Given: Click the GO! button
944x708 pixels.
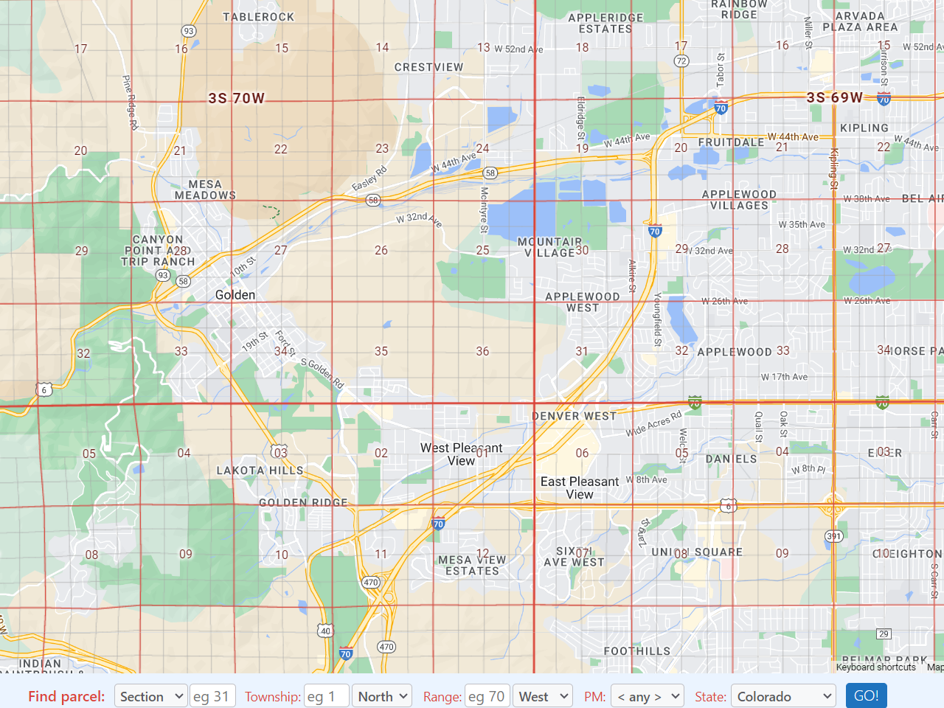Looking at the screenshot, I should click(x=866, y=695).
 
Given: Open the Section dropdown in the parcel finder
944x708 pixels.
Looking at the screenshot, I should click(x=150, y=696).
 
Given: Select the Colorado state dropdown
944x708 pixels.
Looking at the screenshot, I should click(x=783, y=696).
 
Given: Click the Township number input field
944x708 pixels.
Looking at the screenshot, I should click(x=326, y=696).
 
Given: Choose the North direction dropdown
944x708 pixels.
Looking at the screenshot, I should click(x=381, y=696).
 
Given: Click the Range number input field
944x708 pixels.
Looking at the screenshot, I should click(x=487, y=696).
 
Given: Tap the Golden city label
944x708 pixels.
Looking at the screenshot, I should click(x=235, y=295).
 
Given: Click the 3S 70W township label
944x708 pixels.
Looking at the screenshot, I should click(x=236, y=98).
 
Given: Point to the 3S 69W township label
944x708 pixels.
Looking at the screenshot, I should click(x=834, y=97).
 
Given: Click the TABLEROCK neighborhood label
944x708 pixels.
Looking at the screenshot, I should click(x=258, y=17).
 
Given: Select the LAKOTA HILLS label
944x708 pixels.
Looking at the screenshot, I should click(x=260, y=471).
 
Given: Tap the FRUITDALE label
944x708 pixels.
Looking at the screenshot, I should click(x=731, y=142).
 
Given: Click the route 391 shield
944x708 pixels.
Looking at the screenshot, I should click(x=833, y=536).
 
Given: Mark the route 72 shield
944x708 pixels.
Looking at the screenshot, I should click(x=681, y=60).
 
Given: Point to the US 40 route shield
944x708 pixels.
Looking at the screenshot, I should click(x=325, y=631).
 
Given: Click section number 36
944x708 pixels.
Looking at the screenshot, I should click(x=482, y=351).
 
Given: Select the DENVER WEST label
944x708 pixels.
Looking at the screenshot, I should click(x=575, y=416).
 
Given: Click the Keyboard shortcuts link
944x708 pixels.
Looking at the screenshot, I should click(x=875, y=667).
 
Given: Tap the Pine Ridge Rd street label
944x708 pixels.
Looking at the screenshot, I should click(x=130, y=103).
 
